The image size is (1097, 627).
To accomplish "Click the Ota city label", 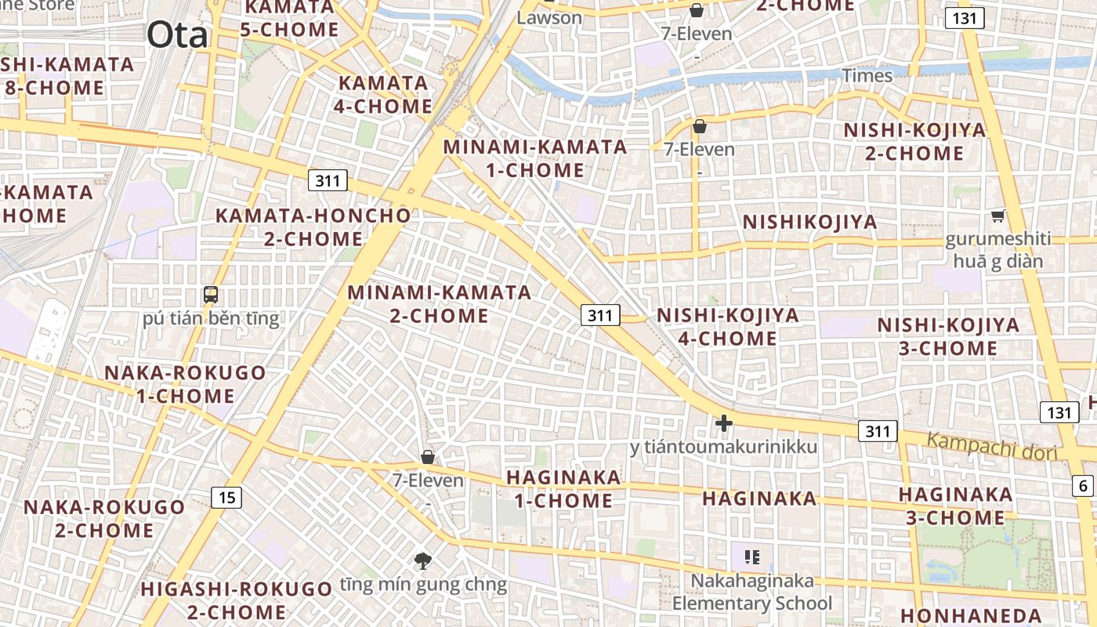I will pos(177,35).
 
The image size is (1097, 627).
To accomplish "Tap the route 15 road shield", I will pos(226,497).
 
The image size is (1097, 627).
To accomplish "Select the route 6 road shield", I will pos(1084,486).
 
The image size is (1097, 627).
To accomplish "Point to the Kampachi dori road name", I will pos(992,446).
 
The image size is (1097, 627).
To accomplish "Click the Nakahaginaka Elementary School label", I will pos(752,593).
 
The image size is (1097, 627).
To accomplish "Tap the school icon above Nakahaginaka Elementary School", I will pos(752,557).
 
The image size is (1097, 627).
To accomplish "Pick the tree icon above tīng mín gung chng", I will pos(423,560).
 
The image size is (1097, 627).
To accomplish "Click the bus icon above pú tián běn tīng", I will pos(211,295).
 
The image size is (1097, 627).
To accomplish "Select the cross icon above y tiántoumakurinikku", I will pos(724,423).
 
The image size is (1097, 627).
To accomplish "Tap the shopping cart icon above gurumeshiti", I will pos(997,216).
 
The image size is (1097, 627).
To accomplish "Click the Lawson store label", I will pos(549,17).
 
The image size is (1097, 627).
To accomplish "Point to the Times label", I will pos(867,75).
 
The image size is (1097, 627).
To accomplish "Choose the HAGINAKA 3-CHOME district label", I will pos(955,506).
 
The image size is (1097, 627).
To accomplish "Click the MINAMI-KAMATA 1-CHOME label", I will pos(535,158).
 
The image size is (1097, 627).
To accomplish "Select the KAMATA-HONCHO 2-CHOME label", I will pos(313,227).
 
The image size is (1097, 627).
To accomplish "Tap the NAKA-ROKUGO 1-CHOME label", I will pos(186,384).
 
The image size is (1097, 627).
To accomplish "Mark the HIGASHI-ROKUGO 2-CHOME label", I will pos(237,600).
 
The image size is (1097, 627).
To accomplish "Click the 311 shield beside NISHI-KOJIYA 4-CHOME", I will pos(600,315).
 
